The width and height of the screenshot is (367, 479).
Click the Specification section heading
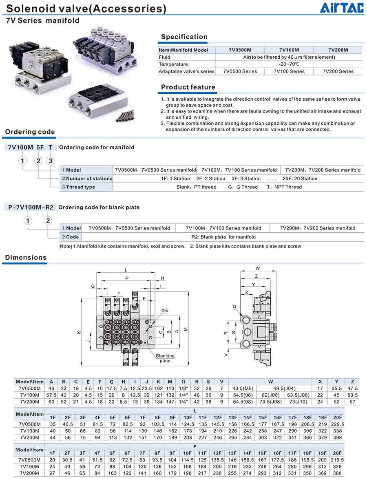point(184,37)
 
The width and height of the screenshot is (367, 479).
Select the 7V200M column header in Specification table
point(338,50)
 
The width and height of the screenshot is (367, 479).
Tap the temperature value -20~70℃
point(289,64)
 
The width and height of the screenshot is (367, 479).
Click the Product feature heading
point(188,87)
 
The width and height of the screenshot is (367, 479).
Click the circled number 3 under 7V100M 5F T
point(50,161)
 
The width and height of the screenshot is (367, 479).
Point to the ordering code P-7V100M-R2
point(31,207)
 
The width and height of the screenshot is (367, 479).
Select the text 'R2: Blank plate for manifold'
point(223,237)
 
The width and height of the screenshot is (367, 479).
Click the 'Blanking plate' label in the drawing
point(165,358)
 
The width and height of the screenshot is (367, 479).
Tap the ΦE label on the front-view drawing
point(165,310)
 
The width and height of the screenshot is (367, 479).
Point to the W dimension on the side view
point(257,269)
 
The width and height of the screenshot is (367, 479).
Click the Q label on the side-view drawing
point(234,307)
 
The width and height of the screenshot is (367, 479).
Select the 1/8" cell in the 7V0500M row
point(183,388)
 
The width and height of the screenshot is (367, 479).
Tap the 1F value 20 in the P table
point(52,459)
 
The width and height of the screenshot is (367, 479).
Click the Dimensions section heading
point(26,257)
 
